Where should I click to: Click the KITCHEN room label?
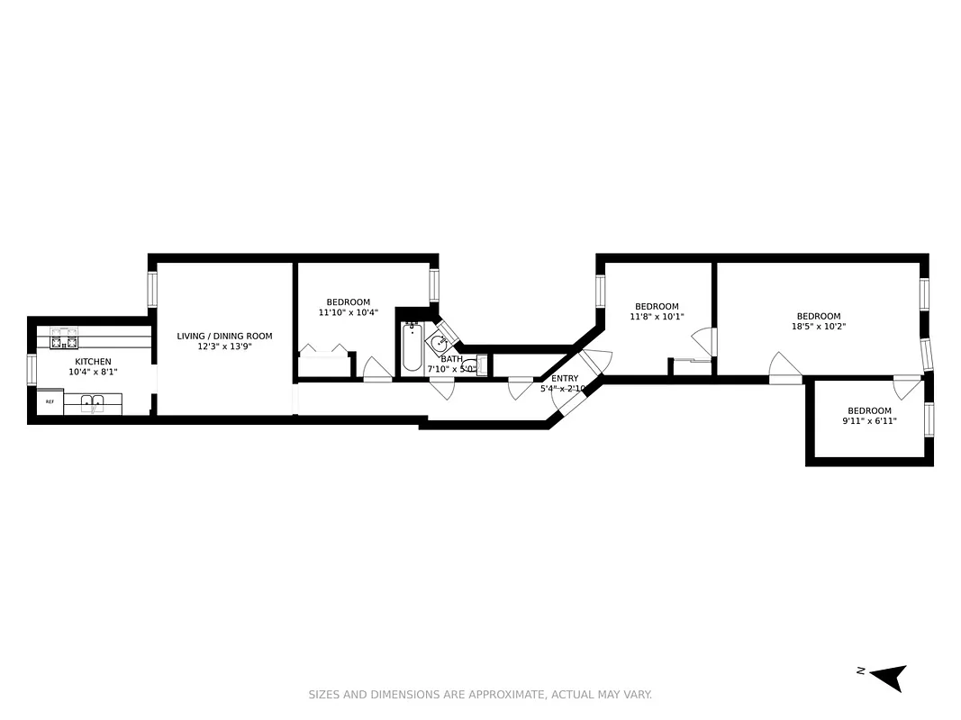pos(93,362)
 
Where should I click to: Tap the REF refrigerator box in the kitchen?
pos(50,402)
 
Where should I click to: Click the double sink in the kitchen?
pos(93,403)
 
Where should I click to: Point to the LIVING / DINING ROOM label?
pos(224,336)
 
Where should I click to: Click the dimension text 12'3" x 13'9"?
pos(224,346)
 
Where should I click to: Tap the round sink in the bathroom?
pos(439,343)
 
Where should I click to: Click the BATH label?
pos(451,358)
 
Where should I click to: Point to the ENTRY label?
pos(565,378)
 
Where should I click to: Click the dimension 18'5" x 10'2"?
pos(819,327)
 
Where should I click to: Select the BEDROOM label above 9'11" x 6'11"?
pos(869,410)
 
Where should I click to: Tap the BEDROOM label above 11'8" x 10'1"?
pos(657,306)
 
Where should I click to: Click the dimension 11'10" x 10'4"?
pos(348,312)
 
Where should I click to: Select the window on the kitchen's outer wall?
pos(32,369)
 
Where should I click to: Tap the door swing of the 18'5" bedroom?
pos(784,367)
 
